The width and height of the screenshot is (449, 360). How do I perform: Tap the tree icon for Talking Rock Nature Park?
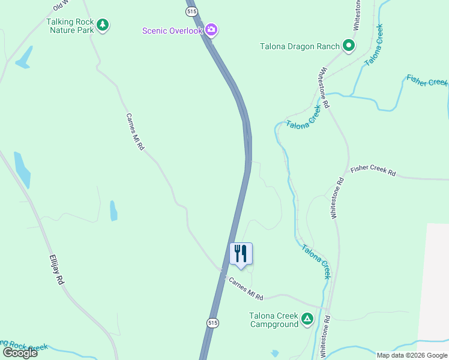tap(103, 25)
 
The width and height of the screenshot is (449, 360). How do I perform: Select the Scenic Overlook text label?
tap(172, 31)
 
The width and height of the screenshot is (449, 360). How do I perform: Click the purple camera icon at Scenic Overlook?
tap(211, 29)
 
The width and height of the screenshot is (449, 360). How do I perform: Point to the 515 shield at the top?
tap(191, 11)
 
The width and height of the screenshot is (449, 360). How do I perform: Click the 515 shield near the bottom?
tap(212, 323)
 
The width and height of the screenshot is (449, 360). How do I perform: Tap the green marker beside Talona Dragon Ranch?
tap(348, 46)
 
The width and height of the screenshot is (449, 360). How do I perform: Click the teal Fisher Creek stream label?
tap(427, 80)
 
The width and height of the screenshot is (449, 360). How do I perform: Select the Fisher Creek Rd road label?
tap(373, 170)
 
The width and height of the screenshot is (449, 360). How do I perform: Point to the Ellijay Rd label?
tap(56, 270)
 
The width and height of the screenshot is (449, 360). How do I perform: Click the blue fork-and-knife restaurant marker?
tap(241, 253)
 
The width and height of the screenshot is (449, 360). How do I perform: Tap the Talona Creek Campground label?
tap(274, 320)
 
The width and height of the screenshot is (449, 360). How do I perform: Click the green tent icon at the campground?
tap(307, 319)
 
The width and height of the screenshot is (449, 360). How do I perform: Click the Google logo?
tap(20, 352)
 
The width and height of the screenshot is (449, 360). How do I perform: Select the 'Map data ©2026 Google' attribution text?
tap(412, 355)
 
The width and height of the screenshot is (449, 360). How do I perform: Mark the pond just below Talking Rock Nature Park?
tap(24, 58)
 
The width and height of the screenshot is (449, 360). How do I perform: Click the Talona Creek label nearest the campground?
tap(316, 261)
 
